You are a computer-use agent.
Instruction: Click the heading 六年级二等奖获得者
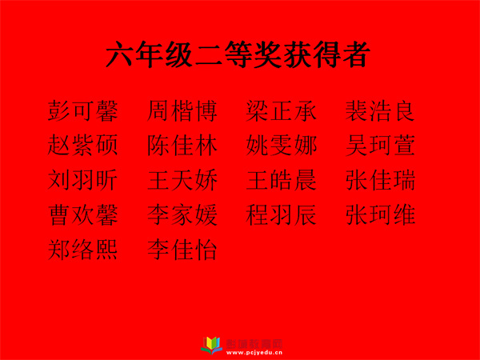(x=238, y=54)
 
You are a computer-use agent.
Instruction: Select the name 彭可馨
(x=82, y=110)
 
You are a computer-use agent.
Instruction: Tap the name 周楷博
(x=182, y=110)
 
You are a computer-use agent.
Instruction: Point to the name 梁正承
(x=281, y=110)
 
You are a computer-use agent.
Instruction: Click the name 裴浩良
(x=380, y=110)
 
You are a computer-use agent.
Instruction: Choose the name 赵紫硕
(x=82, y=145)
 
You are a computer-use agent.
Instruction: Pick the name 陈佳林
(x=182, y=145)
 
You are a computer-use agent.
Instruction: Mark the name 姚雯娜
(x=281, y=145)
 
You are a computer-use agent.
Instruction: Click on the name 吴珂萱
(x=380, y=145)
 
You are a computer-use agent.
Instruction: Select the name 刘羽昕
(x=82, y=180)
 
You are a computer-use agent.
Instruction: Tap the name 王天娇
(x=182, y=180)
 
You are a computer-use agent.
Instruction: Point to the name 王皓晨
(x=281, y=180)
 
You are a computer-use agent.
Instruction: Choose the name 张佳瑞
(x=380, y=180)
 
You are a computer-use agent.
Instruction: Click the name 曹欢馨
(x=82, y=214)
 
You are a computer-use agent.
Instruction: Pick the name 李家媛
(x=182, y=214)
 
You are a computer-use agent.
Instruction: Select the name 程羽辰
(x=281, y=214)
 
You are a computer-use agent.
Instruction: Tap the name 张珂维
(x=380, y=214)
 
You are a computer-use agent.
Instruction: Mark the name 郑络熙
(x=82, y=249)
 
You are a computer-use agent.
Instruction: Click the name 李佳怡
(x=182, y=249)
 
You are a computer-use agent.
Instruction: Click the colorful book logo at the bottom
(x=211, y=346)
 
